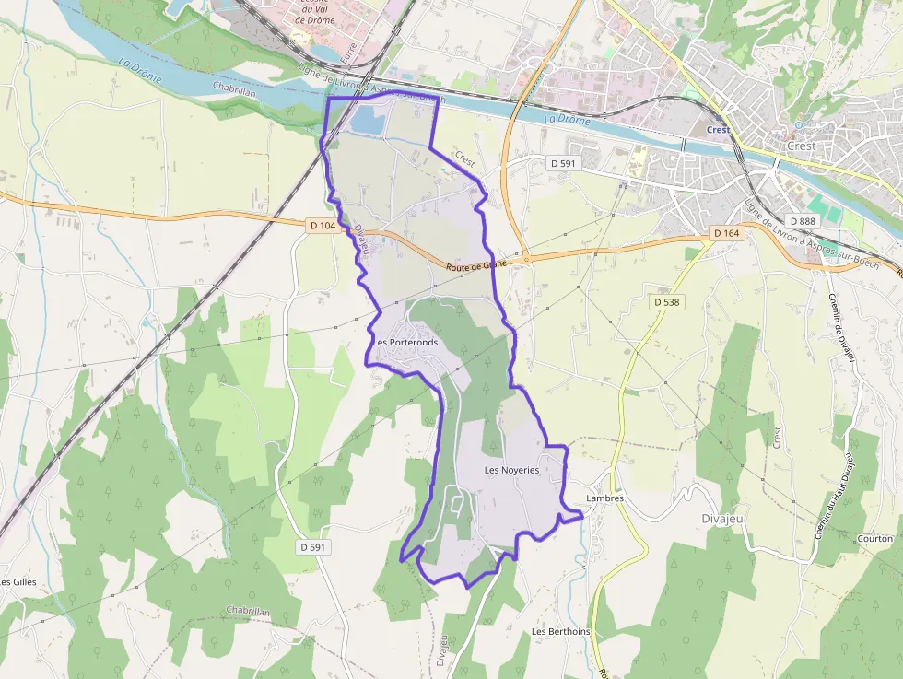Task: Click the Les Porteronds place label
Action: tap(405, 343)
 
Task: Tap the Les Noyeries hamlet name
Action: tap(511, 470)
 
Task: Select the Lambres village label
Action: tap(604, 498)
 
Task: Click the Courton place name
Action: tap(874, 538)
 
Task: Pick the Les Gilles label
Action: tap(18, 582)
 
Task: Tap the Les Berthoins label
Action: tap(560, 632)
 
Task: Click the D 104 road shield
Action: tap(322, 226)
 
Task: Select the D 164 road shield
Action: tap(726, 233)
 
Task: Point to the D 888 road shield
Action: tap(803, 221)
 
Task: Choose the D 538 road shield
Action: tap(666, 301)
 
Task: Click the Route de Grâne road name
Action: tap(475, 265)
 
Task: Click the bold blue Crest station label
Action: tap(718, 130)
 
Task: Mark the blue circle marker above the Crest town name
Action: tap(800, 124)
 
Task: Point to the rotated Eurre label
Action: tap(348, 53)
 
